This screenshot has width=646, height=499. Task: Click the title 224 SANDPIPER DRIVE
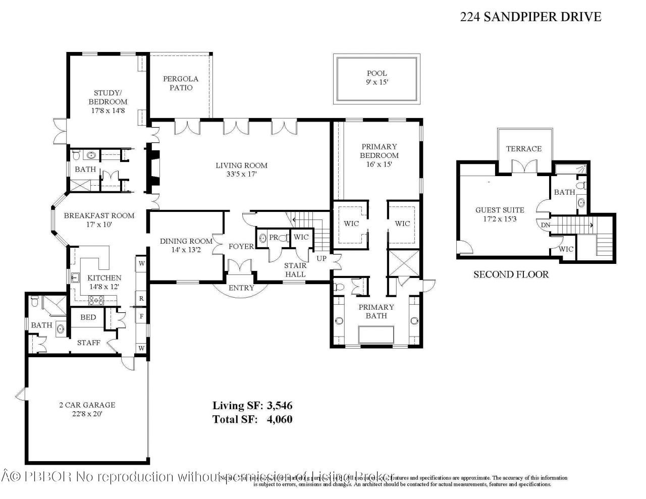coord(530,17)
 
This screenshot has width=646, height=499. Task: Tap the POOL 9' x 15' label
coord(376,78)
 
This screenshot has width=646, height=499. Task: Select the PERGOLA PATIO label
coord(180,83)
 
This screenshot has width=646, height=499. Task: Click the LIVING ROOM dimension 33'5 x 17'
coord(241,174)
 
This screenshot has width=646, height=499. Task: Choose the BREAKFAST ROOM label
coord(99,215)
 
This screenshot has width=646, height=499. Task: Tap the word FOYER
coord(241,247)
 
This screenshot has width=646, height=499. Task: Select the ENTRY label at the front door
coord(241,288)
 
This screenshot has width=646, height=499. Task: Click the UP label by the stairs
coord(321,258)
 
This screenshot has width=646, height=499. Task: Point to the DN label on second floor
coord(545,225)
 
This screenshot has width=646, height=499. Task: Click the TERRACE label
coord(523,148)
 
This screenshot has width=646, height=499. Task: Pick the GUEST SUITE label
coord(500,210)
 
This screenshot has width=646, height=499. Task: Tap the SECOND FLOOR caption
coord(510,274)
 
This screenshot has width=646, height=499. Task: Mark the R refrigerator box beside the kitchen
coord(141,298)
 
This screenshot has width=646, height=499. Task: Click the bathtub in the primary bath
coord(376,335)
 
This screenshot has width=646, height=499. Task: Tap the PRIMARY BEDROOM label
coord(380,151)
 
